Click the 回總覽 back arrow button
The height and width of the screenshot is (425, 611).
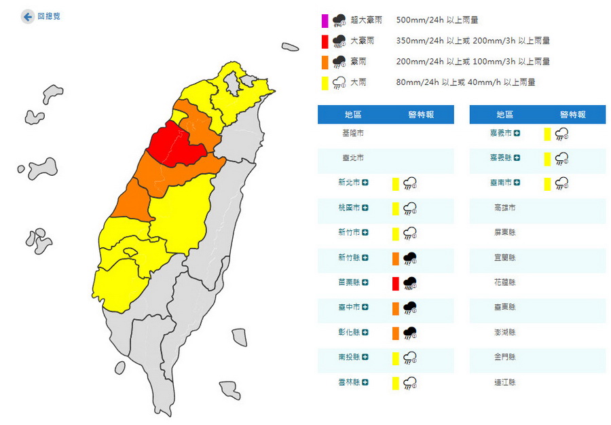point(28,16)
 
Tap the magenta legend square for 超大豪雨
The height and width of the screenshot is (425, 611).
point(325,20)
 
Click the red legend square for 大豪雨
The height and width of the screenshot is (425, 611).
point(325,41)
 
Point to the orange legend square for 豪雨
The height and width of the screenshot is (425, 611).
point(325,62)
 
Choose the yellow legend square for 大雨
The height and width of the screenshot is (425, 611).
point(325,83)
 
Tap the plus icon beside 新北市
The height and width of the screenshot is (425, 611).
point(365,183)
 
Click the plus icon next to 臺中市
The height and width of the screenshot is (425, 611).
point(365,308)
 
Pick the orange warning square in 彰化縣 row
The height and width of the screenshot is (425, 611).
point(394,333)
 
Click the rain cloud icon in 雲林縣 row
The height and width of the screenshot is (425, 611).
point(409,383)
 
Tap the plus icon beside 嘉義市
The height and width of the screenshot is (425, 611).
point(517,132)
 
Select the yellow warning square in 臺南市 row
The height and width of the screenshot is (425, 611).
point(547,183)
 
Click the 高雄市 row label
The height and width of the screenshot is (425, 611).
point(505,208)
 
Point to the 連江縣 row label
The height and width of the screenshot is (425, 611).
point(505,383)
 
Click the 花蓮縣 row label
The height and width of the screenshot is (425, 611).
point(505,282)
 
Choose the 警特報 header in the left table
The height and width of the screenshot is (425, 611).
point(421,115)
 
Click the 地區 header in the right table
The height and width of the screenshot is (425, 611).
point(505,115)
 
